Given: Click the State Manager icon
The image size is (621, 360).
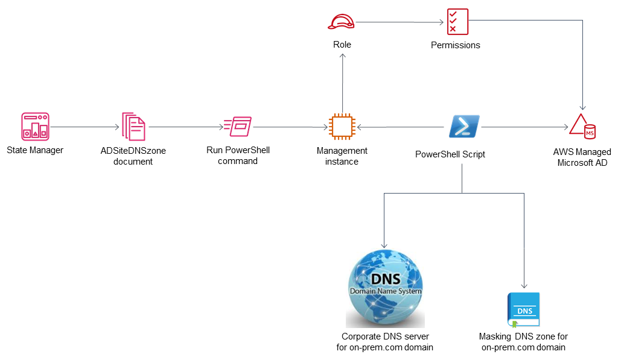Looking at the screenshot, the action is click(35, 127).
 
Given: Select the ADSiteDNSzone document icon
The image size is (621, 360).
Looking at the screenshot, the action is click(133, 127).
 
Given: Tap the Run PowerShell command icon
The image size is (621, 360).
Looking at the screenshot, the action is click(238, 127).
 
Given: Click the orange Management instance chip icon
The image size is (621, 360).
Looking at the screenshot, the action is click(342, 127).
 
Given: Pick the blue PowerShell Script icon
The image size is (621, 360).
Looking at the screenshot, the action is click(464, 127).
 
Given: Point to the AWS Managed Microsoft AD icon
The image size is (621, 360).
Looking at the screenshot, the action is click(582, 127).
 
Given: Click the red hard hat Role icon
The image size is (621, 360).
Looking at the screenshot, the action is click(341, 22).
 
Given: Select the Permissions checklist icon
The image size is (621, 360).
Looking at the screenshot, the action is click(457, 22).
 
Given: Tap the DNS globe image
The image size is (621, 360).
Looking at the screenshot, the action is click(386, 288).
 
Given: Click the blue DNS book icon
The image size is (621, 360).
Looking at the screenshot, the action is click(524, 310).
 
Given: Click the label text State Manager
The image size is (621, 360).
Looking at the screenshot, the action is click(35, 150).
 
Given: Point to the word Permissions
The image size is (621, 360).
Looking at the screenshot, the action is click(456, 45).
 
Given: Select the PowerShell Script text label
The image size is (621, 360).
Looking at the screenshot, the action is click(450, 154).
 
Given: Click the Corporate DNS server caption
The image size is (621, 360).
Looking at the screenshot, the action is click(385, 342).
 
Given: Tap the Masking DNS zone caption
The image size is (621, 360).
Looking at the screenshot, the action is click(524, 342).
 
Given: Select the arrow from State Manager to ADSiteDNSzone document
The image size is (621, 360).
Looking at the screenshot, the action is click(84, 127).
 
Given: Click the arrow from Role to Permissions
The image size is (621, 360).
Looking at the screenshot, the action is click(400, 22).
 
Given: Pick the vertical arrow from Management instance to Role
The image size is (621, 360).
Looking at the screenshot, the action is click(343, 83).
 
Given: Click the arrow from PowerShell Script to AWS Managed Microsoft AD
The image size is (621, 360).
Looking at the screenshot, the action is click(525, 127).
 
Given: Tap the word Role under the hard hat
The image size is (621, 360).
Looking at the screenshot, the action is click(342, 45).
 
